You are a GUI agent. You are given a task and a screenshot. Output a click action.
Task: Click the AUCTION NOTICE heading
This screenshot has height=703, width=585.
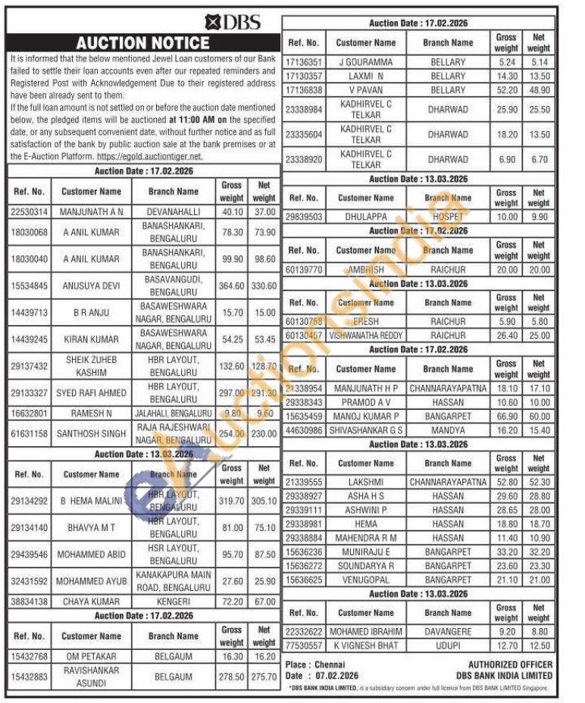pos(142,42)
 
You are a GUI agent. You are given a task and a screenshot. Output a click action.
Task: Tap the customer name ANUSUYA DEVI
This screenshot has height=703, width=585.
pos(91,286)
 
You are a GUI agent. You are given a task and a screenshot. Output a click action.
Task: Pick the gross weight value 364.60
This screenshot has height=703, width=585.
pos(231,286)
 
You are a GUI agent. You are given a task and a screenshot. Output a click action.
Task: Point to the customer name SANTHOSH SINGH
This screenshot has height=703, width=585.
pos(91,434)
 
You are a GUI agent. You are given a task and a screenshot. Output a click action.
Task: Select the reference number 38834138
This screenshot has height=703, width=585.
pos(30,601)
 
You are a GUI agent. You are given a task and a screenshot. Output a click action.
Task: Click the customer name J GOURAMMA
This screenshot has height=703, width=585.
pos(366,62)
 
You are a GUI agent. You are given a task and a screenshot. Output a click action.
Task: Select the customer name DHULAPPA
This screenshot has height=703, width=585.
pos(366,217)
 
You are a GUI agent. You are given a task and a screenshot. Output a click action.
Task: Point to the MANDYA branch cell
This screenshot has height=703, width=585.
pos(448,430)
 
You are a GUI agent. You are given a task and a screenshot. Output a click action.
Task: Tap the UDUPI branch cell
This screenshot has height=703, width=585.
pos(448,645)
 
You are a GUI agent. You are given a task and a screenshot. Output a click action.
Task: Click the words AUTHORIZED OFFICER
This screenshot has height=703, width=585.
pos(510,664)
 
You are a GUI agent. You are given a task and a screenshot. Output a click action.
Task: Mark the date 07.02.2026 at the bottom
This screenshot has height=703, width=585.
pos(337,676)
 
